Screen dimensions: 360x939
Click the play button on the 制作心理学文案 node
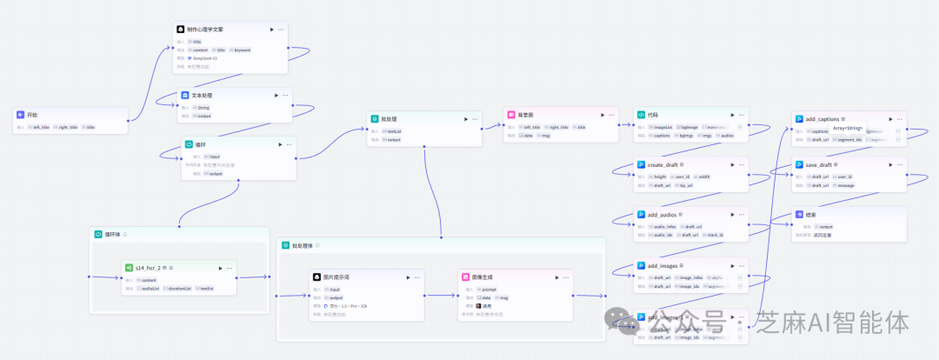tap(271, 30)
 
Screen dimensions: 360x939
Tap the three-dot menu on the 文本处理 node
tap(286, 96)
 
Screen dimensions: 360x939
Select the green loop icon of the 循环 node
tap(189, 144)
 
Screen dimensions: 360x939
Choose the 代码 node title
tap(652, 115)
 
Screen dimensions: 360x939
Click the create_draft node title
tap(663, 164)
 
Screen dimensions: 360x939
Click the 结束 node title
tap(809, 214)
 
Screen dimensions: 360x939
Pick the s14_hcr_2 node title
tap(148, 268)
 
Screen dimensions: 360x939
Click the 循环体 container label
tap(113, 234)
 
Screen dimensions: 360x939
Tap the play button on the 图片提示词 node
tap(408, 277)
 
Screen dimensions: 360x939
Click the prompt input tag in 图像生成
tap(489, 289)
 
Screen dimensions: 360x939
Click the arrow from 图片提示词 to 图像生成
tap(441, 296)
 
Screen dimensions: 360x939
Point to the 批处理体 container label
tap(296, 245)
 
